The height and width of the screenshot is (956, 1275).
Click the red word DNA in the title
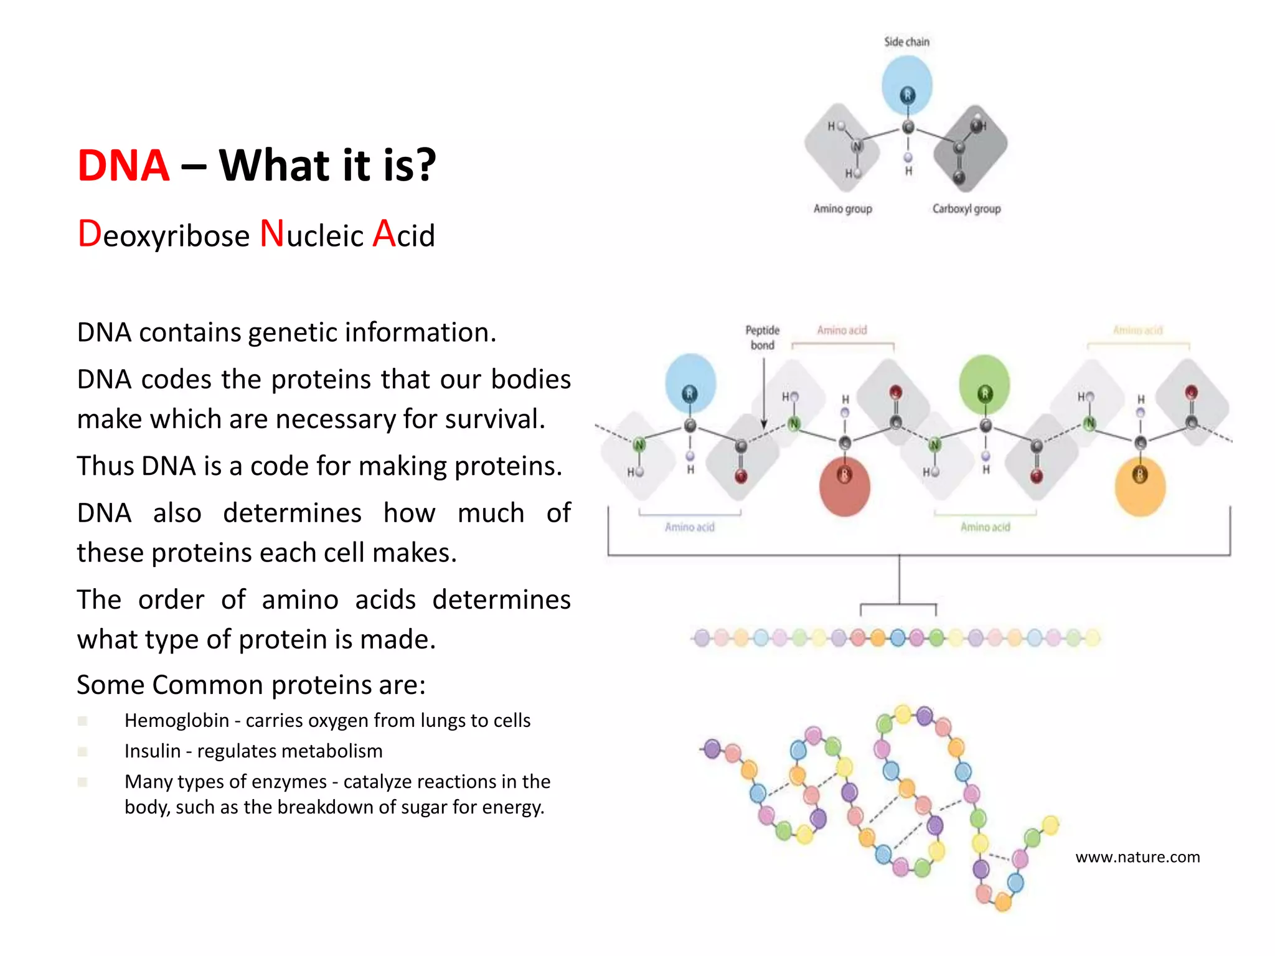point(123,166)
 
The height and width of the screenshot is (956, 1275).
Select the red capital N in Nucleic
point(271,233)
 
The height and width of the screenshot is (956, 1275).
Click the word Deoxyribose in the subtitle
point(163,235)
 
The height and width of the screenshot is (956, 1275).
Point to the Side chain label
point(906,42)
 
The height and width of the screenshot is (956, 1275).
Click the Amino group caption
point(842,209)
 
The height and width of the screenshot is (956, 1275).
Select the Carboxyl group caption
point(966,209)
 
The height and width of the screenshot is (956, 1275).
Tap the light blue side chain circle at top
point(907,84)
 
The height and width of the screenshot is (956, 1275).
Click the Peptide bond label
point(762,337)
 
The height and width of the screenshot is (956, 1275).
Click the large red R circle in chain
point(844,486)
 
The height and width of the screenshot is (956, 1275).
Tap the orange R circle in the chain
point(1140,486)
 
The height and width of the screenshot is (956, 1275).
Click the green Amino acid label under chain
point(985,527)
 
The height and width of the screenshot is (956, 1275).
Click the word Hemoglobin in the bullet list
point(177,720)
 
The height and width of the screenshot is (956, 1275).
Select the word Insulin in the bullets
point(153,751)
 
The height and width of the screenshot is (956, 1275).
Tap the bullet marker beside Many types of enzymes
point(83,782)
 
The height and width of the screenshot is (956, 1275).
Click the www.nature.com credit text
point(1137,857)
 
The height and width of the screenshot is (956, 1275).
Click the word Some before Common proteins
point(110,685)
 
